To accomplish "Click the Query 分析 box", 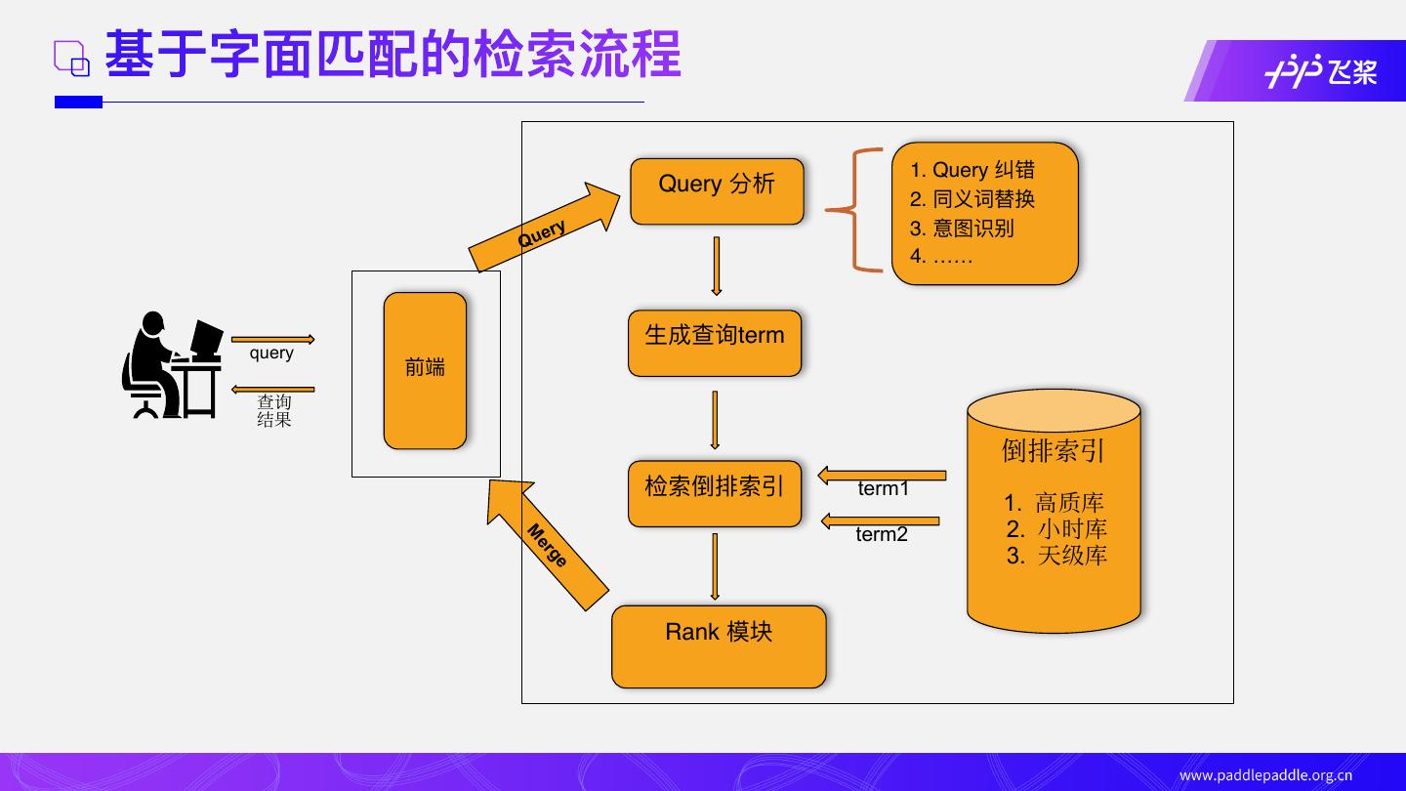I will [717, 191].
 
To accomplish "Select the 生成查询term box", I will [715, 343].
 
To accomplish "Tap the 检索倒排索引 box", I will [715, 493].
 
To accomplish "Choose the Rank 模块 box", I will [719, 645].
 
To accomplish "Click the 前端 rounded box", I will [425, 370].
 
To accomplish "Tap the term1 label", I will [884, 488].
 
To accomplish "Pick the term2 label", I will [882, 534].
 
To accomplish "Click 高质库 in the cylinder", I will [1068, 504].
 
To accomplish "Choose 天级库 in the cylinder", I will [1071, 556].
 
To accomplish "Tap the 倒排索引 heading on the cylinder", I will [1054, 450].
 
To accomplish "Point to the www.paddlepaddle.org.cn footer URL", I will [1265, 775].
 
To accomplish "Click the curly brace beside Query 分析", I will [854, 209].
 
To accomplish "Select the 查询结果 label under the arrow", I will [274, 411].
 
